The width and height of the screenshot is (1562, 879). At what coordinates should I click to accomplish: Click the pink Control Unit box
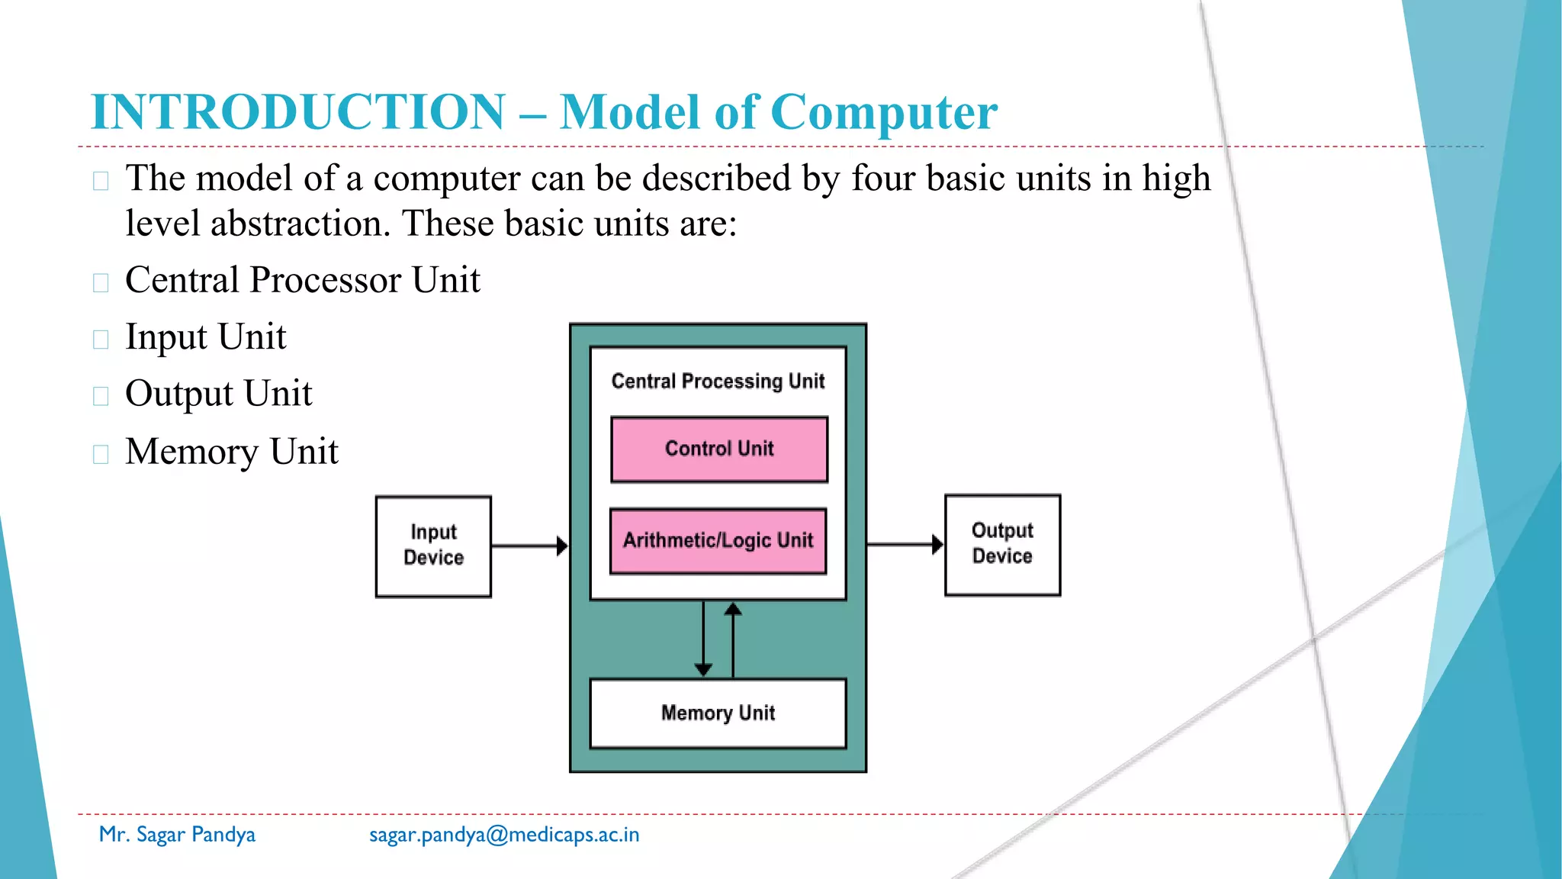coord(719,449)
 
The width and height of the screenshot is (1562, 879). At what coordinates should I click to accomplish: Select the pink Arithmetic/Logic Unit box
coord(718,541)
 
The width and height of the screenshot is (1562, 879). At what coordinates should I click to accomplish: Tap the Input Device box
coord(433,546)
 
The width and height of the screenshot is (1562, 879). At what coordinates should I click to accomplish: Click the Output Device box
coord(1002,545)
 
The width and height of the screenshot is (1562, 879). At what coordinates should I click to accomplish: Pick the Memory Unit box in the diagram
coord(718,713)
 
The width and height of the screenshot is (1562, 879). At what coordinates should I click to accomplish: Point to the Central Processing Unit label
coord(718,381)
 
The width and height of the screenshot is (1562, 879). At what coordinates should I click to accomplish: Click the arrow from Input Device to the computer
coord(529,546)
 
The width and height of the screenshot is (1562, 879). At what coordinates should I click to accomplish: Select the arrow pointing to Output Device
coord(905,545)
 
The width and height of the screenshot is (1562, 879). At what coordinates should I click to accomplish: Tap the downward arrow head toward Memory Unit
coord(703,668)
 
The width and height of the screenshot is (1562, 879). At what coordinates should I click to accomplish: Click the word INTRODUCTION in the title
coord(298,112)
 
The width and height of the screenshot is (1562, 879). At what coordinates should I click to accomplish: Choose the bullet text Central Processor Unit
coord(303,280)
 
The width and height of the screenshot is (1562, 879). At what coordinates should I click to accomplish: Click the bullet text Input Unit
coord(206,337)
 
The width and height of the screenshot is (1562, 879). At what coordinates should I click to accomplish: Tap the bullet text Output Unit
coord(219,394)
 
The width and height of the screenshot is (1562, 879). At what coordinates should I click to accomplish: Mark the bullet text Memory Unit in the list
coord(232,452)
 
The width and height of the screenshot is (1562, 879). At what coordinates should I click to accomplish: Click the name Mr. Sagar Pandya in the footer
coord(177,835)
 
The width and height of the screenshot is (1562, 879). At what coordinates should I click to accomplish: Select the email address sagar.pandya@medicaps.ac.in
coord(504,835)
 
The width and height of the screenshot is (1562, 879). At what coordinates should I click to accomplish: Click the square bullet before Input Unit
coord(101,340)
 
